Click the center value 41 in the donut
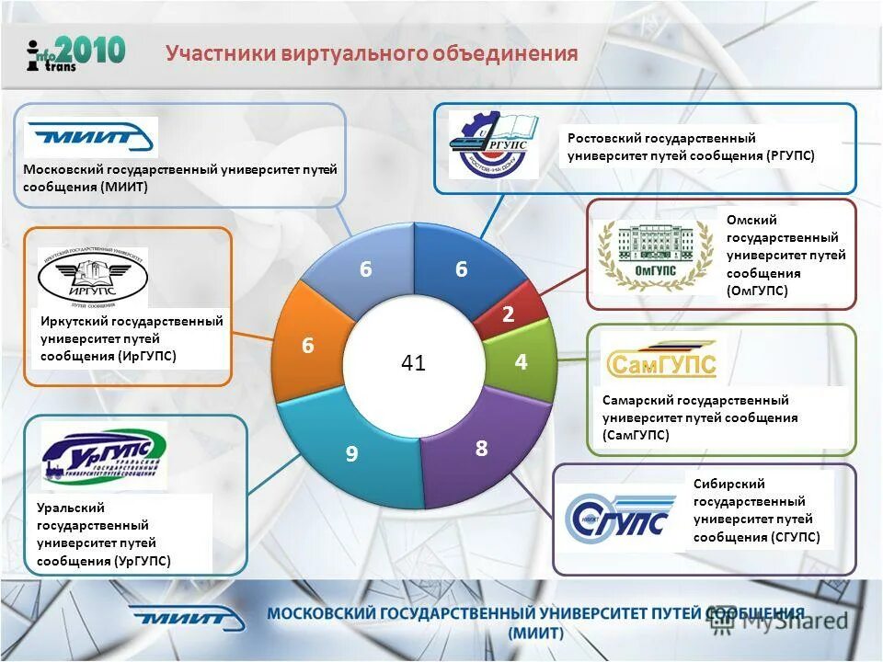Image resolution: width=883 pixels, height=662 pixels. (x=413, y=363)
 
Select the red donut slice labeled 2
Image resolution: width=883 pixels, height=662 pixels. (x=508, y=314)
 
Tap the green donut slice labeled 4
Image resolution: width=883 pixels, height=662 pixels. (x=522, y=362)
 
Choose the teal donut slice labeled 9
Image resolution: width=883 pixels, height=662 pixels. (x=351, y=453)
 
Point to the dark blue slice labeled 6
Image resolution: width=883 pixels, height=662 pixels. (x=462, y=268)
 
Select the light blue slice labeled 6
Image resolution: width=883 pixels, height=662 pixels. (x=365, y=268)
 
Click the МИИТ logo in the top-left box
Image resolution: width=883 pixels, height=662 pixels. (x=90, y=138)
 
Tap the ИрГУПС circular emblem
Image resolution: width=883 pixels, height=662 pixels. (x=93, y=277)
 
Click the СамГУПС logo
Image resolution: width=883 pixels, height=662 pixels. (x=660, y=361)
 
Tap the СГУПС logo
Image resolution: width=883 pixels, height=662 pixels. (x=618, y=519)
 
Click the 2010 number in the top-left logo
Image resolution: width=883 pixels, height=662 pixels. (x=91, y=50)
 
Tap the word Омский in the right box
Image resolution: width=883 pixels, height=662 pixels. (x=751, y=220)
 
